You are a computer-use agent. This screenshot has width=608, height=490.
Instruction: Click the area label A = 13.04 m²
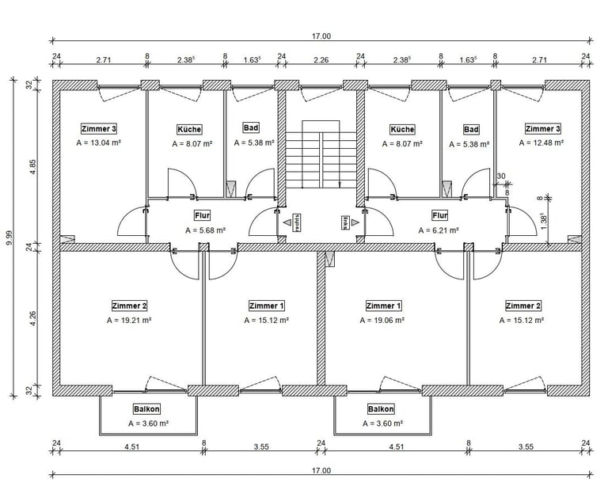pos(98,143)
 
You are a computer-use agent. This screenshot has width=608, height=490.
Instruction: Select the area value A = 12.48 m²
pos(541,143)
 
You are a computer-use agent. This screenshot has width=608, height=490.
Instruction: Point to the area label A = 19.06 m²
pos(383,321)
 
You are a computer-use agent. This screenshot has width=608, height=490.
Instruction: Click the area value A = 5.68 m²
pos(206,230)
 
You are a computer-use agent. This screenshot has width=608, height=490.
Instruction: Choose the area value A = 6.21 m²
pos(439,230)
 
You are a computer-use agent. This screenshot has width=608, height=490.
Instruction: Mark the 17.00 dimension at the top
pos(321,36)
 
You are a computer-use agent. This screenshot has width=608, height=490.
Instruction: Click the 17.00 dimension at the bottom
pos(321,470)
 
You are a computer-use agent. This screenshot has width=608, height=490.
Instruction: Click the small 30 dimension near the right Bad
pos(501,176)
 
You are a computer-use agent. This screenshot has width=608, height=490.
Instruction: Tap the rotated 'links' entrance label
pos(345,222)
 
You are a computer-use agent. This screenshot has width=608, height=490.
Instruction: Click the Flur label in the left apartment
pos(202,215)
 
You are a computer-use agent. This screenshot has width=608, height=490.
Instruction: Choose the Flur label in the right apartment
pos(439,215)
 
